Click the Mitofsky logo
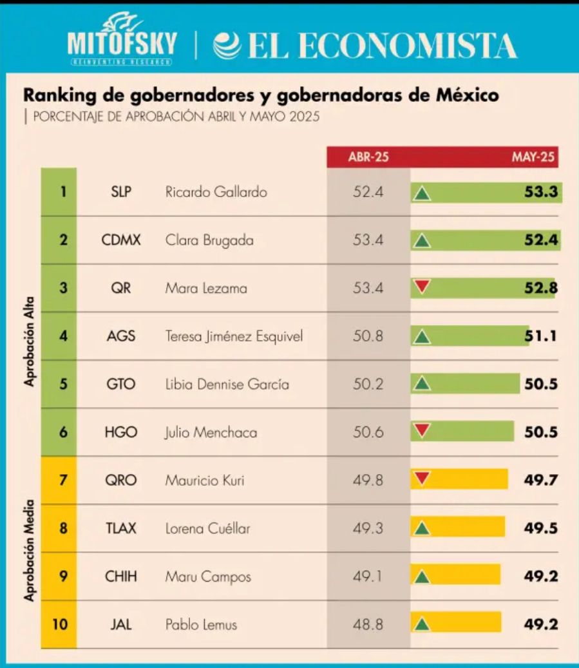point(121,40)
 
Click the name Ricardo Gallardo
point(216,192)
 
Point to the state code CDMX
point(121,240)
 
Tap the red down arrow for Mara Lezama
point(422,287)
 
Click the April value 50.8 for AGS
point(368,336)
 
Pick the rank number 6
point(63,432)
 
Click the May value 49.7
point(540,480)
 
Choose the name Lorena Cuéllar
point(207,529)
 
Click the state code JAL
point(121,625)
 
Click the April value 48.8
point(368,625)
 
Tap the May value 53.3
point(540,192)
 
